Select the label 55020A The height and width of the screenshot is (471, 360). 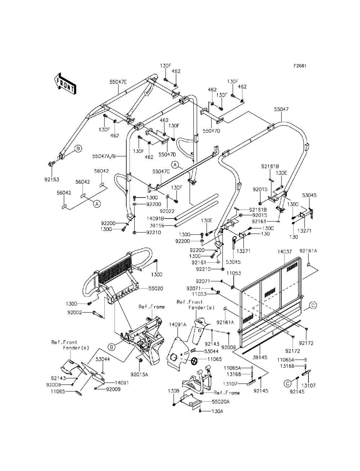pos(221,401)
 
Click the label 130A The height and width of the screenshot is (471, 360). pos(217,411)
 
